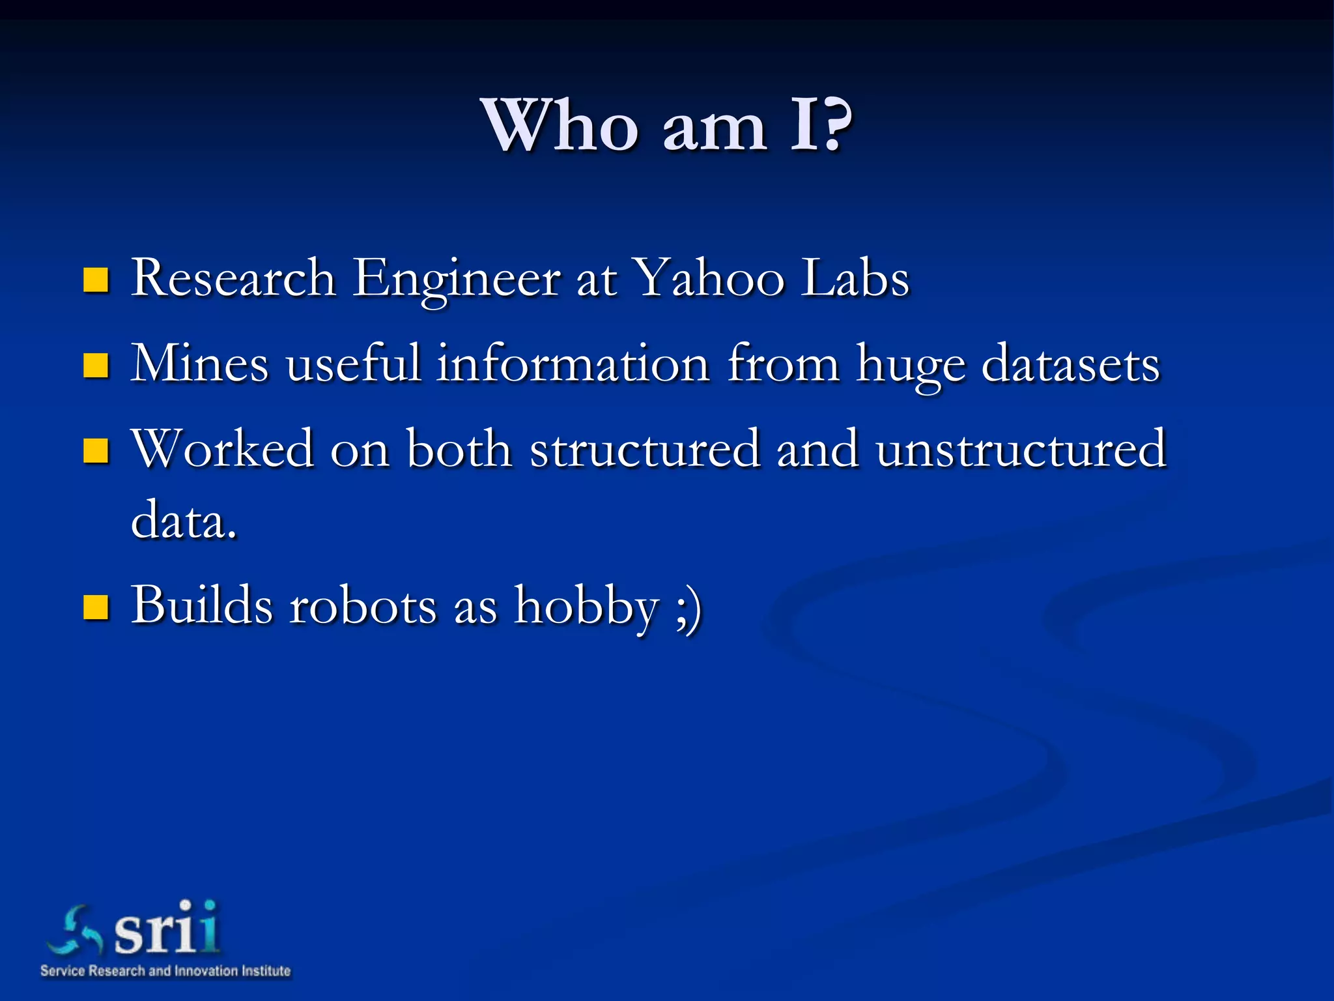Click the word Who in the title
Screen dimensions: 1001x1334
(x=559, y=125)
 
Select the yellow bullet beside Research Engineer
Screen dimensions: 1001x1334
(x=96, y=280)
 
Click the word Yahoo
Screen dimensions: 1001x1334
(x=709, y=279)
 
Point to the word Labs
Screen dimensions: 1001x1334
(x=855, y=278)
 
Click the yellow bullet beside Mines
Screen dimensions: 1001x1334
(x=96, y=366)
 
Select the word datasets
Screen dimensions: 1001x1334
(x=1070, y=364)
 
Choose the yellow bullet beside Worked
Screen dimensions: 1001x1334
(x=96, y=450)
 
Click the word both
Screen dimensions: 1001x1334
(x=459, y=448)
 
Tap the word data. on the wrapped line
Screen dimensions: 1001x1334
(x=183, y=520)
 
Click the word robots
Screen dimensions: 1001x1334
(x=363, y=605)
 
